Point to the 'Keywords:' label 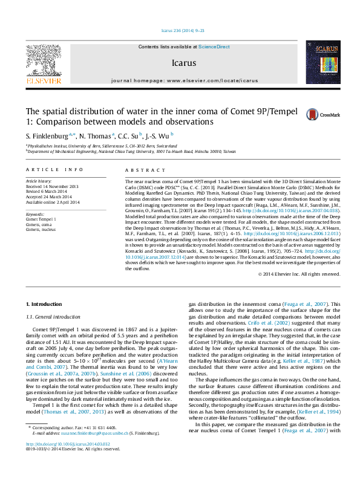[x=35, y=214]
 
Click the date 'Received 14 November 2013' [x=52, y=186]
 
